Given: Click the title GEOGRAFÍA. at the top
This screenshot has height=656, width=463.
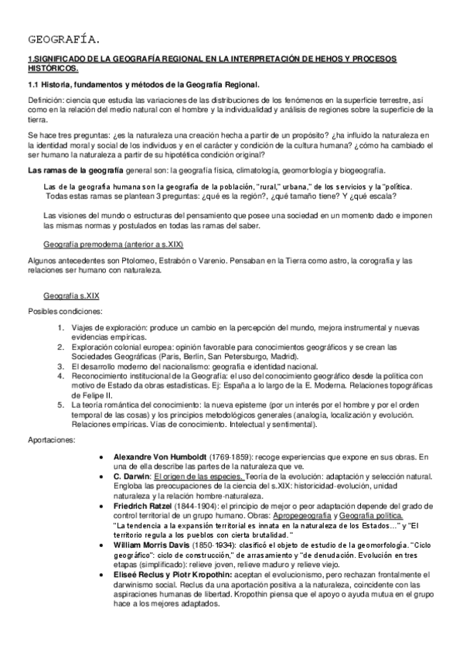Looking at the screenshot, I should (63, 38).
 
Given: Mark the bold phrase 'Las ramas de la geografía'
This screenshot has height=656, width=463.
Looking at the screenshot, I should (74, 169).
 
